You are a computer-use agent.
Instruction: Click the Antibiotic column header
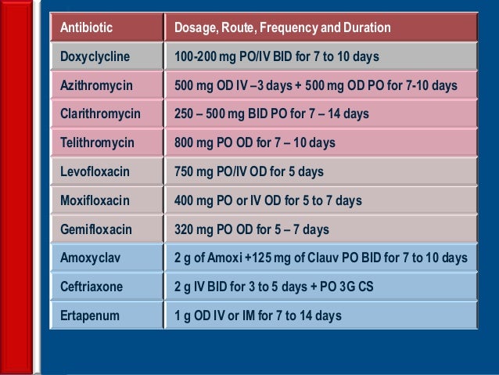click(x=86, y=28)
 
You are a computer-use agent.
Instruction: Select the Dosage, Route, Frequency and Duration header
click(x=282, y=28)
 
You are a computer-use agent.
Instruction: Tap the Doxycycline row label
click(x=95, y=56)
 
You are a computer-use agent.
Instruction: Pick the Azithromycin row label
click(x=97, y=85)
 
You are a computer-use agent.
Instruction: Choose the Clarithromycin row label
click(x=100, y=114)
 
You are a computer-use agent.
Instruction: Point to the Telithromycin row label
click(x=97, y=142)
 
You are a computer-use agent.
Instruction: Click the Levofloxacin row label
click(x=94, y=171)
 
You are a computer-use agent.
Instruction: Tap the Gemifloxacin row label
click(x=95, y=229)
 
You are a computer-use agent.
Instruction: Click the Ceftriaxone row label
click(x=92, y=287)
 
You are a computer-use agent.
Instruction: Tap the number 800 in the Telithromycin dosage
click(x=185, y=142)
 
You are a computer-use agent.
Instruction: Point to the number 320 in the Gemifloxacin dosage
click(x=185, y=229)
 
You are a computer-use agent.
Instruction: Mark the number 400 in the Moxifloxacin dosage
click(x=185, y=200)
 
